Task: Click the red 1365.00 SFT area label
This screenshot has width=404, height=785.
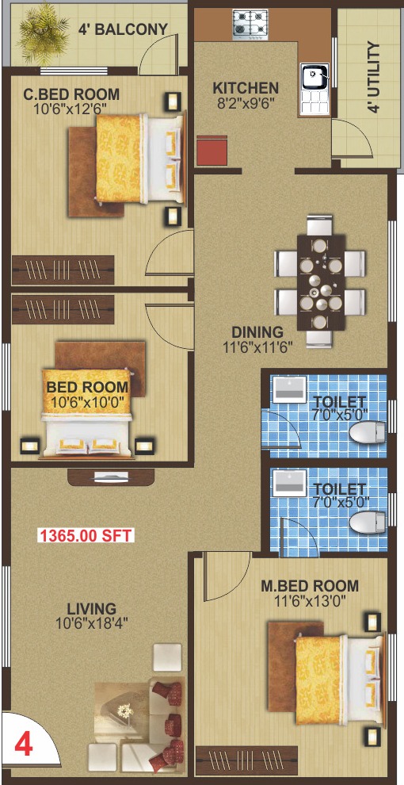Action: coord(86,536)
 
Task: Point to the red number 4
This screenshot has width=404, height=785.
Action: coord(23,745)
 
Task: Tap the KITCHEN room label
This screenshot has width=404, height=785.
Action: coord(246,89)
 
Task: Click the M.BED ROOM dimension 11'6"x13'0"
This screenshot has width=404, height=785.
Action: coord(310,600)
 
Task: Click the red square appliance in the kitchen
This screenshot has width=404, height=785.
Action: coord(212,150)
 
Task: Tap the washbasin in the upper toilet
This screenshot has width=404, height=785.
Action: coord(289,389)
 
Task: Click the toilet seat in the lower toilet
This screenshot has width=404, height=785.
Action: coord(368,523)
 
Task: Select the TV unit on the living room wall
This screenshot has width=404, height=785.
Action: coord(111,477)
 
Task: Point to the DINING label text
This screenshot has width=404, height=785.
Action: coord(257,332)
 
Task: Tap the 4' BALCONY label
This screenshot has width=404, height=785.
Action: coord(123,29)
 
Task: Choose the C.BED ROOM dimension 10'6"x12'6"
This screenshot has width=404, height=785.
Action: coord(71,108)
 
